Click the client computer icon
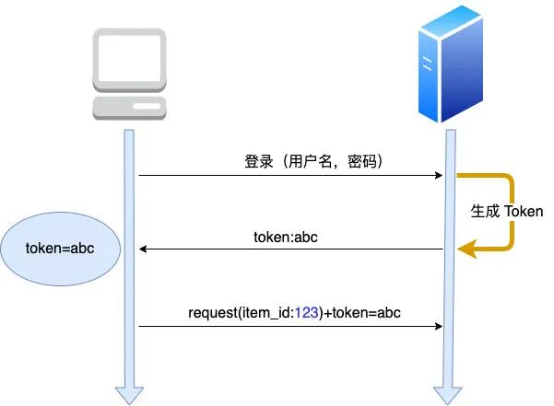pyautogui.click(x=129, y=74)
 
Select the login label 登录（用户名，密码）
pyautogui.click(x=313, y=161)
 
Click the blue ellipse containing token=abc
pyautogui.click(x=60, y=249)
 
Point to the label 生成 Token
pyautogui.click(x=507, y=211)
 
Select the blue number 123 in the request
pyautogui.click(x=307, y=313)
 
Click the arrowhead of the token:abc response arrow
pyautogui.click(x=144, y=249)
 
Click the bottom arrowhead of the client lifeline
pyautogui.click(x=129, y=394)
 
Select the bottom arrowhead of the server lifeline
pyautogui.click(x=449, y=394)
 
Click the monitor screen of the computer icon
pyautogui.click(x=129, y=58)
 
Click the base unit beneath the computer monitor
pyautogui.click(x=129, y=106)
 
